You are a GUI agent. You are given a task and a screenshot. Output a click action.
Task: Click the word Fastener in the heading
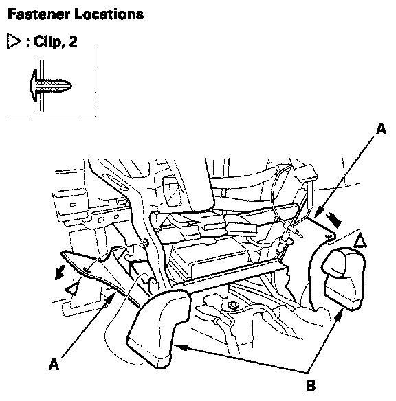coord(39,14)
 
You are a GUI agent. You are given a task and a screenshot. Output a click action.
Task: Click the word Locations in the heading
coord(109,14)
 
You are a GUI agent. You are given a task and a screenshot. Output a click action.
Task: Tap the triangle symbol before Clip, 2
coord(14,41)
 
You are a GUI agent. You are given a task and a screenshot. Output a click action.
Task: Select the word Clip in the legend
coord(47,41)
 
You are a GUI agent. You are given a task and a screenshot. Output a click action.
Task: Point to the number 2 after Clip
coord(73,41)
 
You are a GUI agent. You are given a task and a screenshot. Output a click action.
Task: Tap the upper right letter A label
coord(381,128)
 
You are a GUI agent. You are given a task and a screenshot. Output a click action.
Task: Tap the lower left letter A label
coord(54,364)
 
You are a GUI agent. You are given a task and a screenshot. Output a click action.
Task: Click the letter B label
coord(311,385)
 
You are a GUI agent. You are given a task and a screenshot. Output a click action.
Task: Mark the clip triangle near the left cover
coord(72,289)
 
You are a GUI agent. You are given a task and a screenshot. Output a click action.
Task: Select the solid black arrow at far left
coord(60,273)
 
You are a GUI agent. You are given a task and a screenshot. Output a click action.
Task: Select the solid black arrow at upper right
coord(333,220)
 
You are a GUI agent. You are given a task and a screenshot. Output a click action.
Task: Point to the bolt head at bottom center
coord(232,305)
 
